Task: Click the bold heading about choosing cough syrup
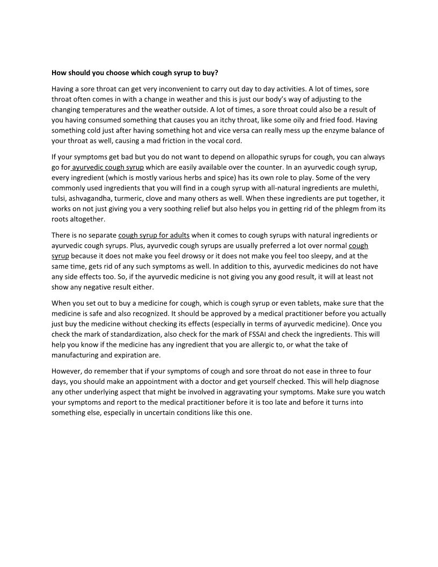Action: [135, 72]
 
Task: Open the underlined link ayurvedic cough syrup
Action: [108, 168]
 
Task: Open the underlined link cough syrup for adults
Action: [154, 235]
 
